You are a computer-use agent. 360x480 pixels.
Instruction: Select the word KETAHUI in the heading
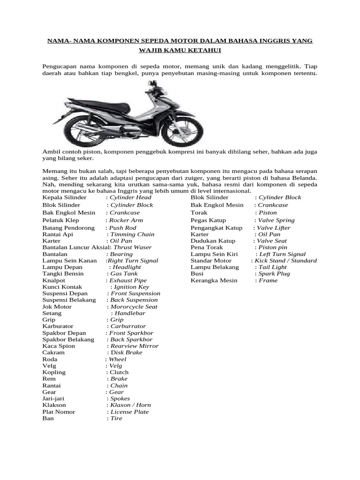tap(204, 50)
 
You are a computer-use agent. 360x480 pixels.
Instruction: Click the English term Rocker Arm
tap(126, 220)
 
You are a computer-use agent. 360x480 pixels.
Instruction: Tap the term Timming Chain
tap(132, 234)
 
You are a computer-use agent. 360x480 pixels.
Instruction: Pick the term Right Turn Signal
tap(133, 261)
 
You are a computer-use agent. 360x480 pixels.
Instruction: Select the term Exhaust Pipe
tap(128, 280)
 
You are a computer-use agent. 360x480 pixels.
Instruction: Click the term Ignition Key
tap(132, 287)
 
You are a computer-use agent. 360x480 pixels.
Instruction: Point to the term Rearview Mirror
tap(135, 346)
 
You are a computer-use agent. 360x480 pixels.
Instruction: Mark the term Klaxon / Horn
tap(130, 405)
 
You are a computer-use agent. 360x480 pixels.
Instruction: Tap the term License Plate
tap(129, 412)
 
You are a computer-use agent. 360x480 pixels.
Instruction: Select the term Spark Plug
tap(274, 274)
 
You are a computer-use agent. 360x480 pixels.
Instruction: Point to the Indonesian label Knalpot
tap(53, 280)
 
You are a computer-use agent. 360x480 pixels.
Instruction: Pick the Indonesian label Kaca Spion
tap(59, 346)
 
